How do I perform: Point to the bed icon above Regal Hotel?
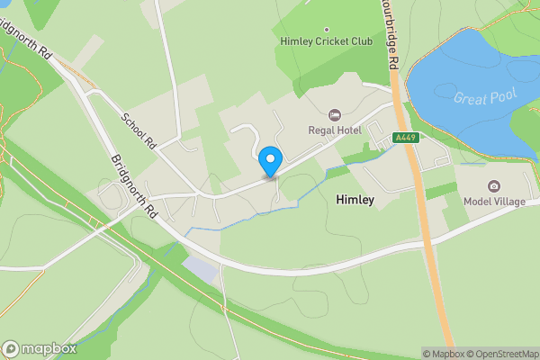coord(336,114)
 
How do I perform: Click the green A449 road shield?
coord(405,138)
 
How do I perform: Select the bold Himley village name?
coord(355,199)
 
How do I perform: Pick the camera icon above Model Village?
coord(494,185)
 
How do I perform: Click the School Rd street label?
coord(139,130)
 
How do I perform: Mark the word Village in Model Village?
coord(510,201)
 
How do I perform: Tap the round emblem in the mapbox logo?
coord(11,349)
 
